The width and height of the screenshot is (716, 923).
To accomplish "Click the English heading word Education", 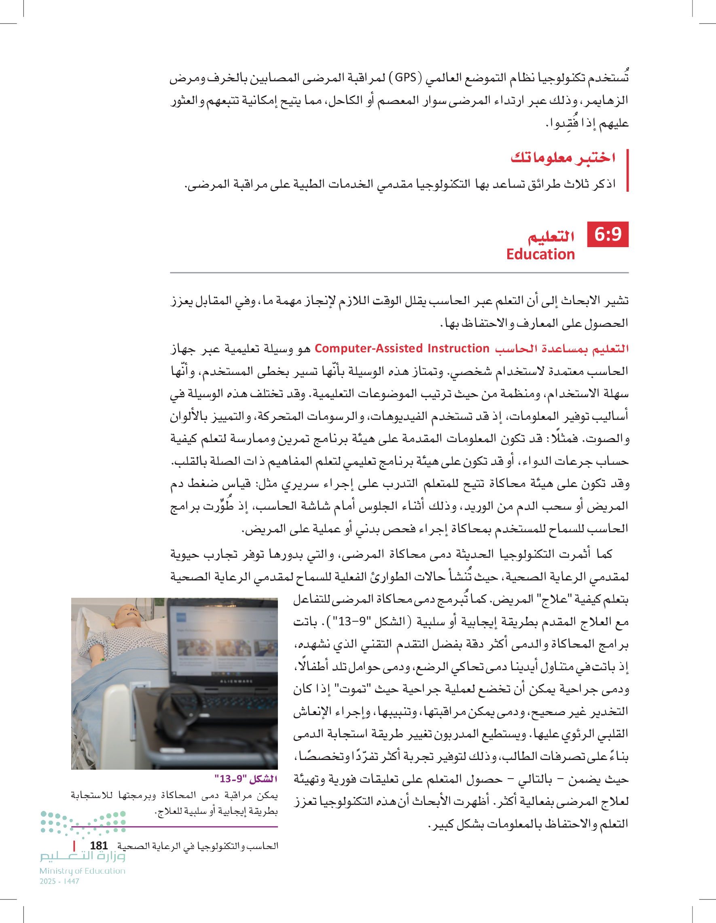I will click(540, 254).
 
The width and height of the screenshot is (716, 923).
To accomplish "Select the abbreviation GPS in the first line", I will click(405, 77).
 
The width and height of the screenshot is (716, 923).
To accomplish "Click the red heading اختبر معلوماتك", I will click(563, 158).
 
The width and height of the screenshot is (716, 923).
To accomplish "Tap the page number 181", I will click(98, 845).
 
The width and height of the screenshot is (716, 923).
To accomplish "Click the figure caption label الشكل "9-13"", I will click(246, 779).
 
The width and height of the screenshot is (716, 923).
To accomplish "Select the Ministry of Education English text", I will click(83, 870).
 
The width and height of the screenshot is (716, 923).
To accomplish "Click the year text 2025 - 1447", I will click(59, 881).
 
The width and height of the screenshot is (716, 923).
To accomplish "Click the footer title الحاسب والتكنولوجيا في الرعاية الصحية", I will click(197, 846).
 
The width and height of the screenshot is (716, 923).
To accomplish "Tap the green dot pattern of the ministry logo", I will click(83, 822).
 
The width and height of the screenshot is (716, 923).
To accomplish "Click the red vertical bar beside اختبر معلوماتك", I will click(627, 170).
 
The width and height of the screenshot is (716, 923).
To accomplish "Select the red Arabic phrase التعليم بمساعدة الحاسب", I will click(562, 349).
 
